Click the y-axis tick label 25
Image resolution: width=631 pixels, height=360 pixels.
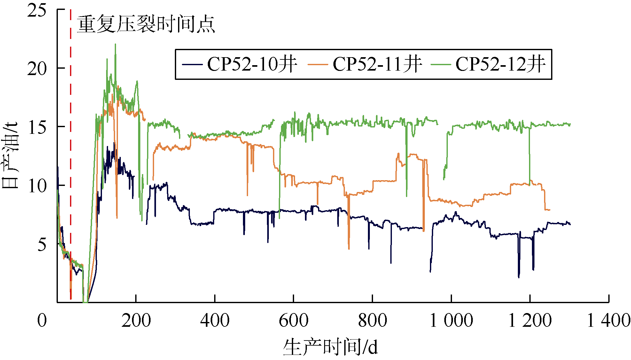37,11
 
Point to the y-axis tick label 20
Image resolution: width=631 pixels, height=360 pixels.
37,69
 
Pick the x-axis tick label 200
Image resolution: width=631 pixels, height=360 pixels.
136,320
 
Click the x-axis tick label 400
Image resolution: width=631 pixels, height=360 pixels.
215,320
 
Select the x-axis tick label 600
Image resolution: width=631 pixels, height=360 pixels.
293,320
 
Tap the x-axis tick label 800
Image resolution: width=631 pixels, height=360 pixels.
372,320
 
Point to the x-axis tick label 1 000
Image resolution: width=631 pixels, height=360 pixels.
451,320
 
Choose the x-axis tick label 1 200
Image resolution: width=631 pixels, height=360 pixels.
530,320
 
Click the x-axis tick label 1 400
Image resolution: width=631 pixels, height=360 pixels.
609,320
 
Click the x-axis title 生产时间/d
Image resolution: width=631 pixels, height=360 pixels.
330,347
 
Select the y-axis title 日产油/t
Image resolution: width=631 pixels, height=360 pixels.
10,156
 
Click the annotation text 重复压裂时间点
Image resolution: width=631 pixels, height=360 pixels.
146,24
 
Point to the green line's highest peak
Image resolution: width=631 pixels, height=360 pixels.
115,44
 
